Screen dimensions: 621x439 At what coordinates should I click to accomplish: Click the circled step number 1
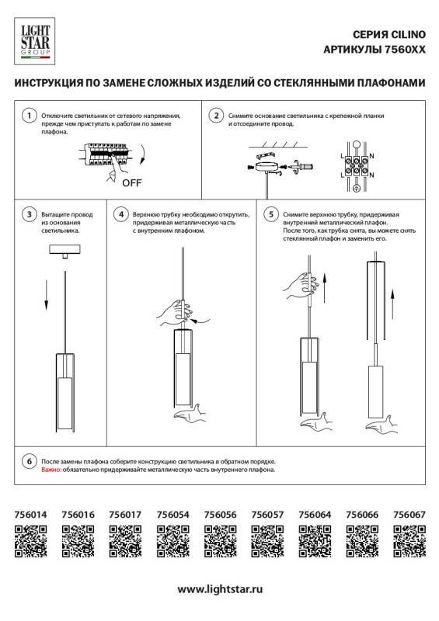(28, 116)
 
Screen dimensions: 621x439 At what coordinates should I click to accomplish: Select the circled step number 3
(28, 213)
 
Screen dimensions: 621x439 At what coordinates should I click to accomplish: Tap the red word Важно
(51, 470)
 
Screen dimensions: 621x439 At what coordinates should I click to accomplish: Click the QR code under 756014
(31, 540)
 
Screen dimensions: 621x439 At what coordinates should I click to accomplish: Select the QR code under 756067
(409, 540)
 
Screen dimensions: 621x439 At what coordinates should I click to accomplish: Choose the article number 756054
(173, 514)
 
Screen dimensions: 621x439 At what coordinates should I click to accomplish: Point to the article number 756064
(315, 514)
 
